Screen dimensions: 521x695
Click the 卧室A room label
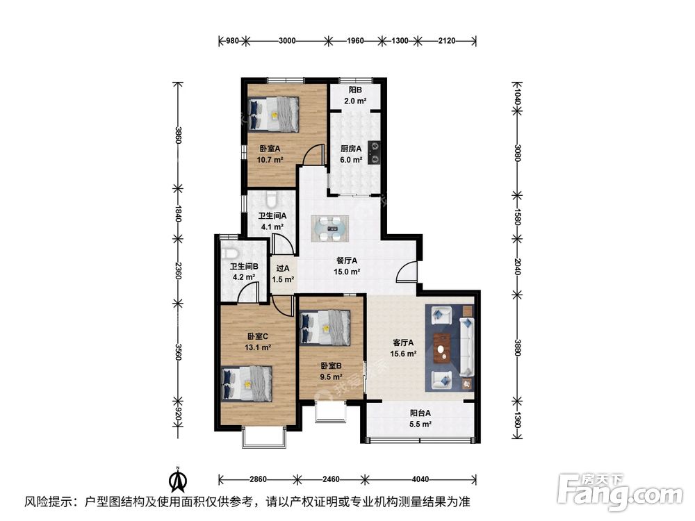point(270,149)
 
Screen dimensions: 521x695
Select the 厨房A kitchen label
point(351,149)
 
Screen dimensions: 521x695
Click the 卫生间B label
point(244,266)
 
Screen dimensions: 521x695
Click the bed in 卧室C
point(247,383)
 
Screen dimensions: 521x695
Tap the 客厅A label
point(403,342)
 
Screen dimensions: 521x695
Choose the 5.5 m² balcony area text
point(420,424)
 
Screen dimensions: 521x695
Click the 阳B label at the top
point(355,90)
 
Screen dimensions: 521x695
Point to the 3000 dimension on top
point(287,40)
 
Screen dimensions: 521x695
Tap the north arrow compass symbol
point(179,479)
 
